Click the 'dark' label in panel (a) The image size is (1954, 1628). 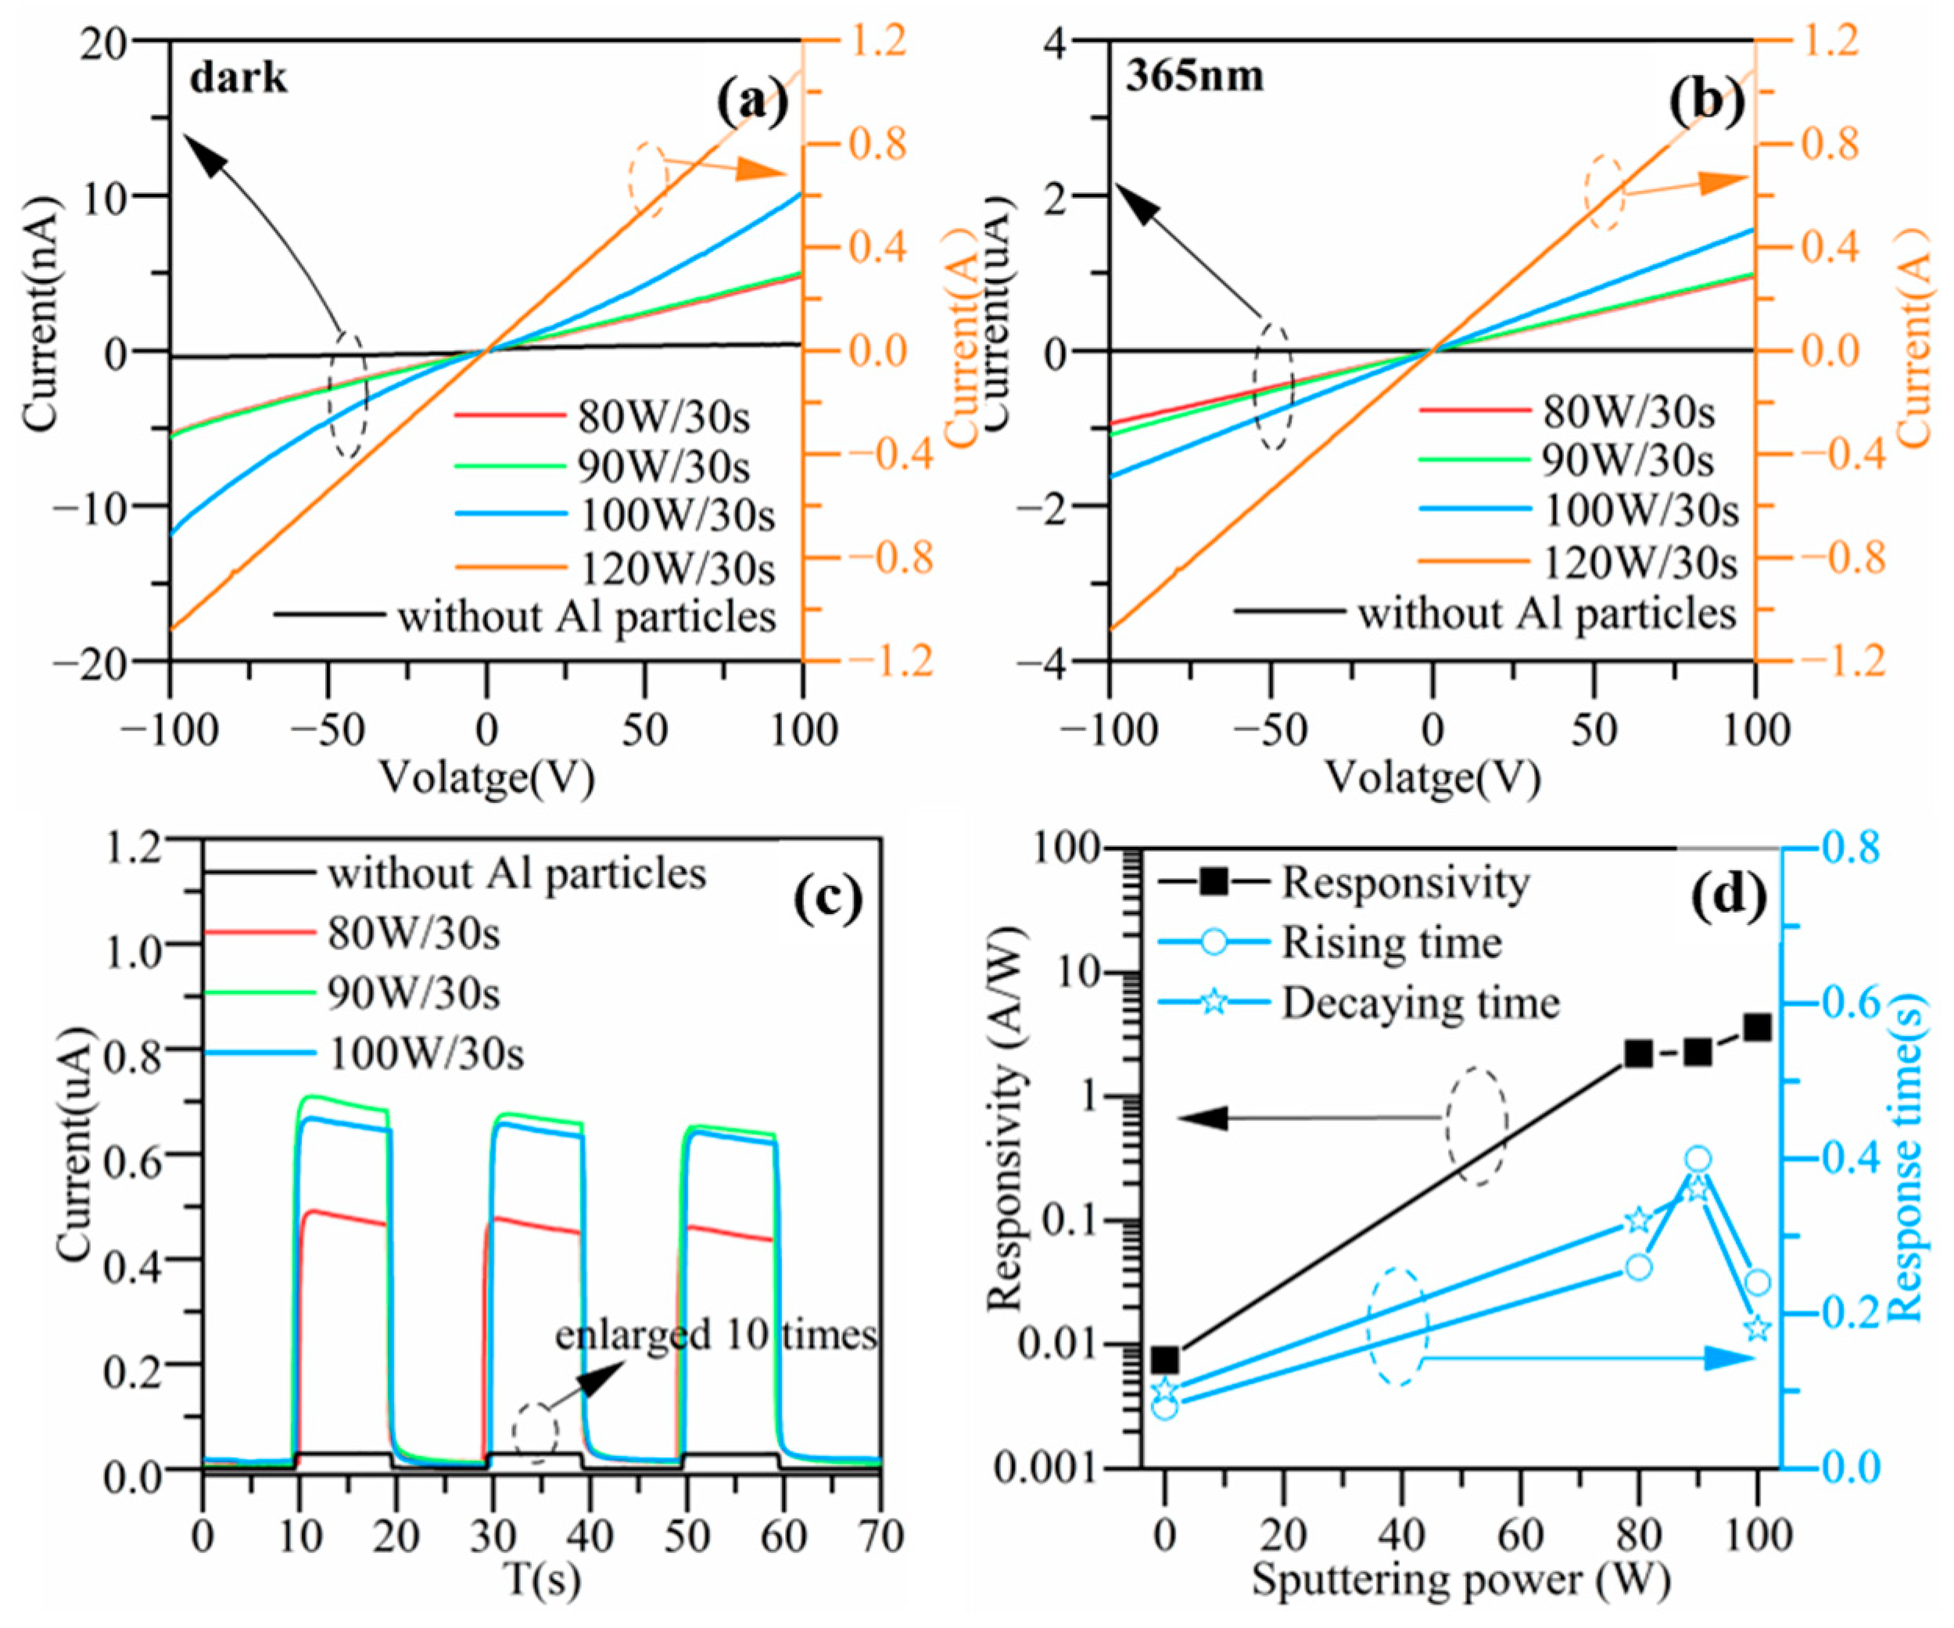(x=238, y=78)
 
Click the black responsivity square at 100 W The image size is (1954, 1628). (x=1757, y=1027)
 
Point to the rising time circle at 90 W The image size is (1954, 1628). (x=1698, y=1159)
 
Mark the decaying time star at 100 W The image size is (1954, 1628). (x=1757, y=1328)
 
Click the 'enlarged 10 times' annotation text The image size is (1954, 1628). (x=715, y=1335)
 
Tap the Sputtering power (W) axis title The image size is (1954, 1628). (x=1461, y=1580)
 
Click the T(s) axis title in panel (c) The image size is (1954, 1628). (x=542, y=1580)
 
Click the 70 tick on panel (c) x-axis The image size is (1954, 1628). (x=880, y=1537)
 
